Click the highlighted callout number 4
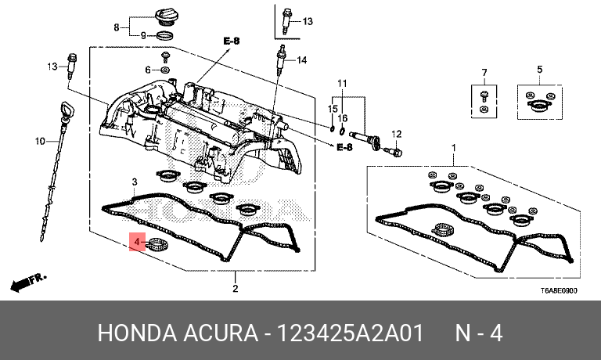137,243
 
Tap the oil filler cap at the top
167,17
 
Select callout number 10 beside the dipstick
40,142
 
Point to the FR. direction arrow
27,281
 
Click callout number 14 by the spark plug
302,60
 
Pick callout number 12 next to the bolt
396,134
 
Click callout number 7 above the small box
484,73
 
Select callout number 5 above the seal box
539,70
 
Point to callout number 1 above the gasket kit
452,148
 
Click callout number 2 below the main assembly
235,290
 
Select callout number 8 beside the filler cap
117,27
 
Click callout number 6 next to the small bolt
146,70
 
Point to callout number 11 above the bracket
341,83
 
